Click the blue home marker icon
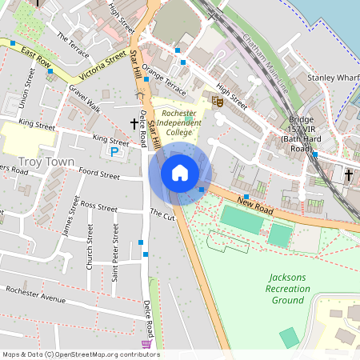click(x=180, y=173)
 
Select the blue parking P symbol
click(x=115, y=151)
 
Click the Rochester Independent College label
click(x=178, y=123)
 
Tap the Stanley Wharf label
click(x=332, y=78)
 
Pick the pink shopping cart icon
click(x=146, y=343)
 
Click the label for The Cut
click(x=162, y=214)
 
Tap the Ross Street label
click(x=99, y=206)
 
